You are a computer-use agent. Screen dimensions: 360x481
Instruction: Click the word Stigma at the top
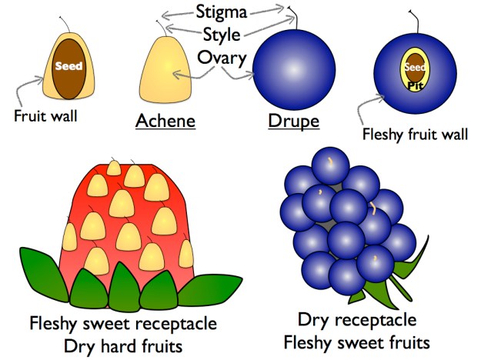pyautogui.click(x=223, y=12)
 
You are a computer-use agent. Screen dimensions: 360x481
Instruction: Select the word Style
pyautogui.click(x=221, y=35)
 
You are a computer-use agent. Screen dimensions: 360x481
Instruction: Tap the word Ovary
pyautogui.click(x=221, y=58)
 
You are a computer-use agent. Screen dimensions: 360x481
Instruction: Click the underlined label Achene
pyautogui.click(x=165, y=122)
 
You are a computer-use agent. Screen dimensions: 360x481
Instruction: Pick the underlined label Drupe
pyautogui.click(x=293, y=122)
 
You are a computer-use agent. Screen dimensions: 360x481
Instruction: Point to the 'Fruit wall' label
pyautogui.click(x=45, y=116)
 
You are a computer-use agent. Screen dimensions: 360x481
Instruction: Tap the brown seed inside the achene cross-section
pyautogui.click(x=68, y=69)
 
